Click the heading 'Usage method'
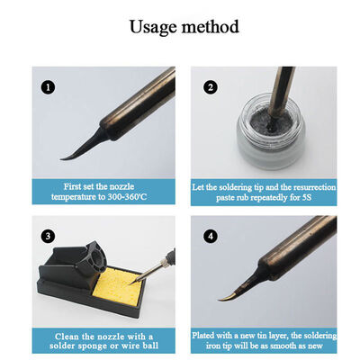click(x=184, y=26)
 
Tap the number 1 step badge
click(x=48, y=88)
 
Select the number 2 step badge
click(x=211, y=87)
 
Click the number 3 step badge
click(x=48, y=237)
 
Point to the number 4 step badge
click(x=210, y=237)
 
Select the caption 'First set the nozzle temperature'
click(x=101, y=190)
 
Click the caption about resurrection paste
click(x=264, y=190)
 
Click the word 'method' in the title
click(x=210, y=26)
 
